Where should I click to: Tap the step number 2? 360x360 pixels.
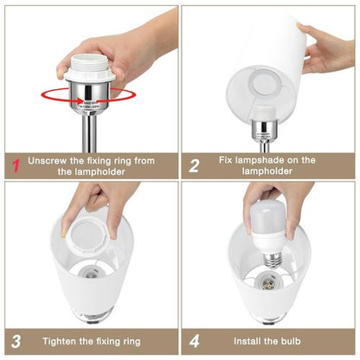195,164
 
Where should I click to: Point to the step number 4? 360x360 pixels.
195,340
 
